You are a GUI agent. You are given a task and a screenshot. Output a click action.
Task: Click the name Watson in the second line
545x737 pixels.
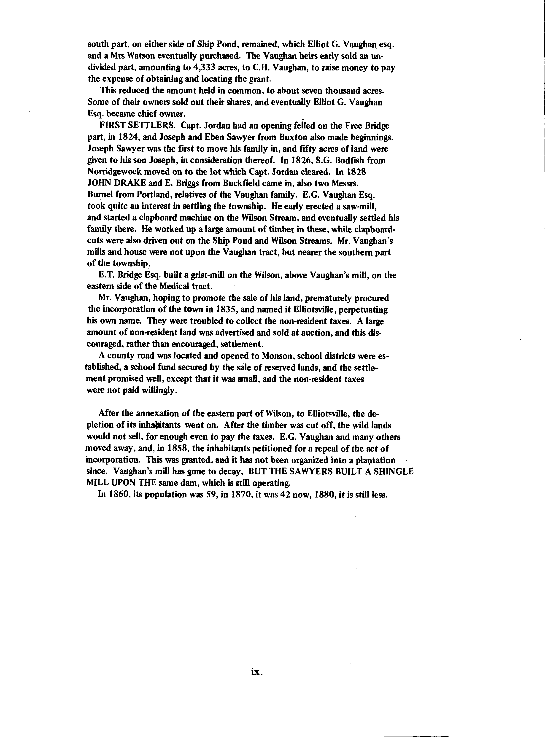tap(143, 56)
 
